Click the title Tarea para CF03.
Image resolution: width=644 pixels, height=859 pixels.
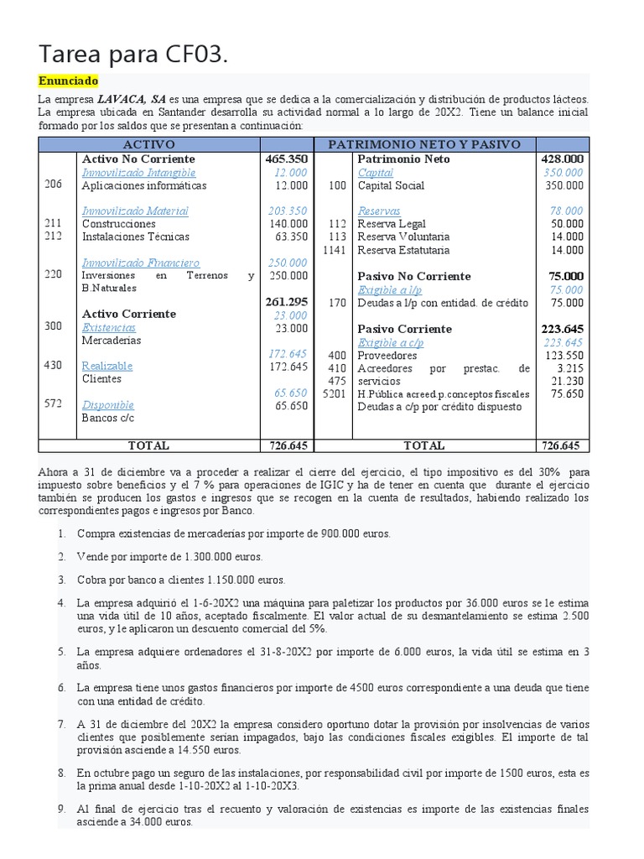[x=133, y=55]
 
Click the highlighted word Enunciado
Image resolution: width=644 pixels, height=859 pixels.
[x=68, y=81]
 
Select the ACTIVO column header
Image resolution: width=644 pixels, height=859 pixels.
[x=149, y=144]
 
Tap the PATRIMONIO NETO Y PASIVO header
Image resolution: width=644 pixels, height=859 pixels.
[x=424, y=144]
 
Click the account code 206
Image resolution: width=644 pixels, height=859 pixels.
[x=53, y=185]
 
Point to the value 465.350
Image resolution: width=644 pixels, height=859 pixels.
[x=286, y=159]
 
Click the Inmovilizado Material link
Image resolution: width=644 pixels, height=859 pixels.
[x=135, y=211]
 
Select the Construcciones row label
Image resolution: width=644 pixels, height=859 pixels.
[x=118, y=224]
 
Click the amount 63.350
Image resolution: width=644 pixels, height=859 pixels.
[x=291, y=237]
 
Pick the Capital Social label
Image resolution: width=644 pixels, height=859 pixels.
[x=391, y=185]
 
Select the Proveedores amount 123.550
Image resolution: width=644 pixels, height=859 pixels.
[x=563, y=356]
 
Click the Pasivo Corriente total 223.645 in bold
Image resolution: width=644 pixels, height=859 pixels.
[x=562, y=329]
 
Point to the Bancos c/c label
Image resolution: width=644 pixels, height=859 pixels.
[x=107, y=418]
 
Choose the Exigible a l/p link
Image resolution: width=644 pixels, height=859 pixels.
[x=391, y=289]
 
